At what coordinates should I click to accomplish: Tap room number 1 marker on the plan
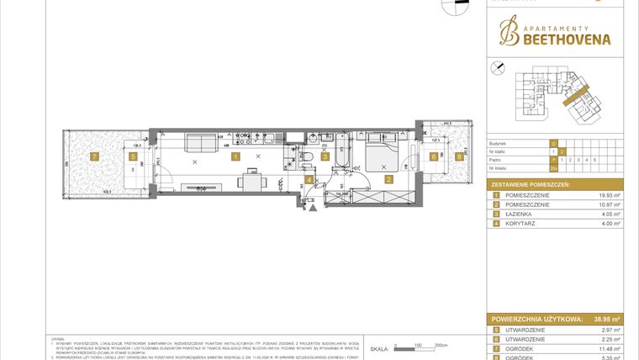coord(236,156)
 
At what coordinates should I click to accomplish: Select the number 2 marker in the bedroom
coord(388,178)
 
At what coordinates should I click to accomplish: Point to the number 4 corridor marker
coord(309,179)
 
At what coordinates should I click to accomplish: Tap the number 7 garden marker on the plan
coord(95,156)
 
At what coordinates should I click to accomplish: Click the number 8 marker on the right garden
coord(459,156)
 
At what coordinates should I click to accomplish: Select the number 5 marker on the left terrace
coord(133,156)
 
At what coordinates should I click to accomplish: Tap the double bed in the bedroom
coord(383,153)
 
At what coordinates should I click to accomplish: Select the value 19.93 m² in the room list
coord(608,195)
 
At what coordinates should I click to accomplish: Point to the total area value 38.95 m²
coord(604,320)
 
